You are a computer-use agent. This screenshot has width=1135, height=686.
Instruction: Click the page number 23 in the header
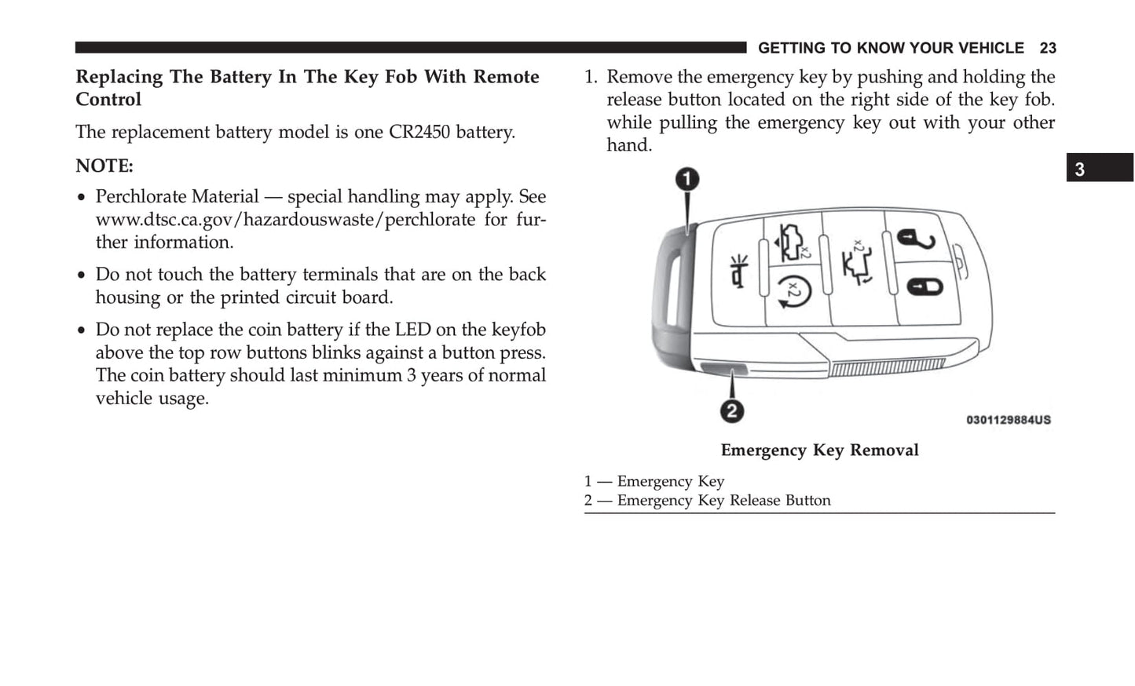point(1048,49)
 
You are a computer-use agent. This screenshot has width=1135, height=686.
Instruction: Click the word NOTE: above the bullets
point(104,166)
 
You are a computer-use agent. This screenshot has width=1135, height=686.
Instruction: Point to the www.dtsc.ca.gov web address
point(285,220)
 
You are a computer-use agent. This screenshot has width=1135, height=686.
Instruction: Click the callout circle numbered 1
point(688,180)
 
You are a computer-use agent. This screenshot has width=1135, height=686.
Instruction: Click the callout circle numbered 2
point(731,411)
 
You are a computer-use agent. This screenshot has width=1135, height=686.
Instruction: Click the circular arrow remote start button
point(794,296)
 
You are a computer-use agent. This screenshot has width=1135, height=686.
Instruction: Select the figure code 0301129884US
point(1008,420)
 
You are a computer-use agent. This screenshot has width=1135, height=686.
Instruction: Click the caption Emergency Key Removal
point(819,451)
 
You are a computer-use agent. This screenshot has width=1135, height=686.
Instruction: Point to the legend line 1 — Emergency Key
point(654,481)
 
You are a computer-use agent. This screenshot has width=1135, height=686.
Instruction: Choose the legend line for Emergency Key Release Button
point(707,501)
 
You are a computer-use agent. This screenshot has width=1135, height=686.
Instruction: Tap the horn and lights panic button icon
point(739,271)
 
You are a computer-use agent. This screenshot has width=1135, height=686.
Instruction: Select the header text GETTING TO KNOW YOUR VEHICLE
point(891,49)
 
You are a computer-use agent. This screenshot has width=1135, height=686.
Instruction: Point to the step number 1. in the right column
point(591,78)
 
